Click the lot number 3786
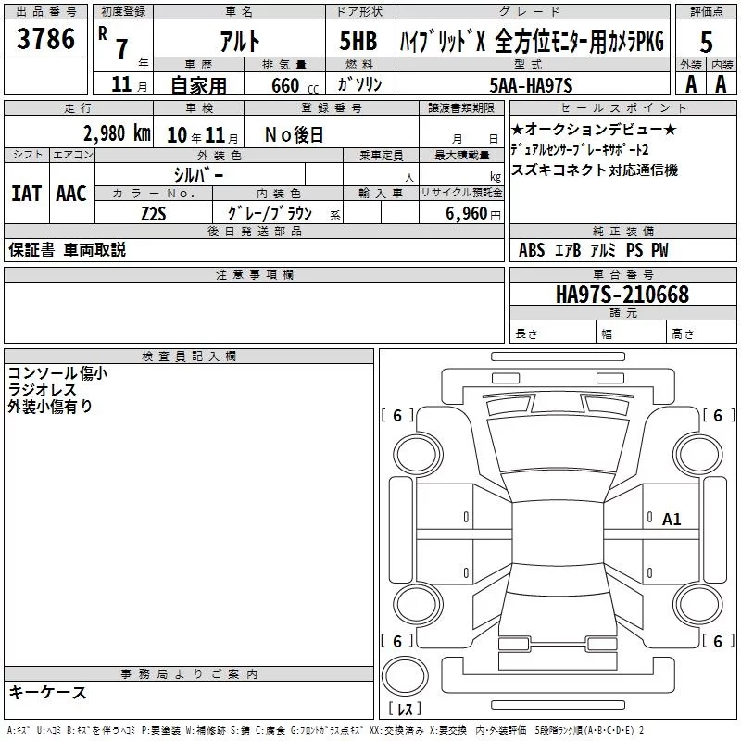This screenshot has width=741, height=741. click(x=45, y=39)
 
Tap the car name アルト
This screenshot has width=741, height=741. click(x=240, y=41)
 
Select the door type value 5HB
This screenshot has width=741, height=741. click(x=358, y=41)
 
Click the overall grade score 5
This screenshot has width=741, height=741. click(x=706, y=43)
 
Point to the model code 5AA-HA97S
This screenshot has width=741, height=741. click(x=531, y=85)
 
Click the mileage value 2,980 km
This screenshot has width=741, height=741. click(x=117, y=133)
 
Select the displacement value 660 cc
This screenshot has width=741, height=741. click(x=295, y=86)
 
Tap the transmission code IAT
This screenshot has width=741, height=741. click(x=26, y=194)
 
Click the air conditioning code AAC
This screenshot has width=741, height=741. click(x=71, y=194)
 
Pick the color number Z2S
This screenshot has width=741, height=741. click(x=154, y=214)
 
